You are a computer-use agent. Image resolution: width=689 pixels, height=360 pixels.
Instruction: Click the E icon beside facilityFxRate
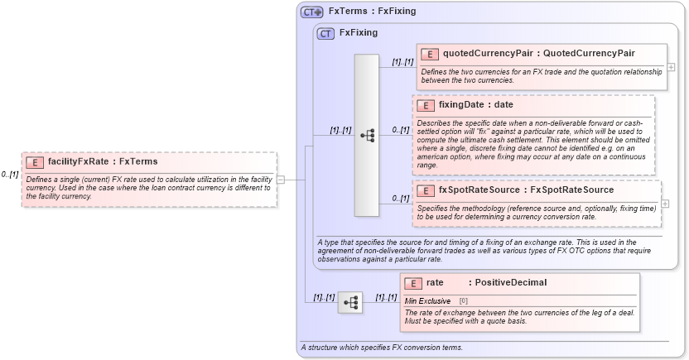36,163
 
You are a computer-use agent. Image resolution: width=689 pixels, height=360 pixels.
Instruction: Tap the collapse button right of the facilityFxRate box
281,179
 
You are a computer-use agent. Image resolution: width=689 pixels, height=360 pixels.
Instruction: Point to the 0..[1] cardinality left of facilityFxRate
10,175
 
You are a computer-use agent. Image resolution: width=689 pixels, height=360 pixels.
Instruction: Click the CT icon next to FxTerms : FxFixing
312,12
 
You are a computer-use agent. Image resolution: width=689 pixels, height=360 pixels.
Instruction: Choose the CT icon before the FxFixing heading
326,33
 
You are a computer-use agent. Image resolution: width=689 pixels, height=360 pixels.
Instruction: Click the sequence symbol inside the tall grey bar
367,136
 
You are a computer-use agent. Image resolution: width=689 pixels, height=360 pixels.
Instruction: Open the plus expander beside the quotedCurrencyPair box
671,67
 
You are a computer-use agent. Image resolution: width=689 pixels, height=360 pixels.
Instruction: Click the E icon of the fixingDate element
424,105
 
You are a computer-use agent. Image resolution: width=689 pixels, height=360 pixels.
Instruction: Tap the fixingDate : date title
475,105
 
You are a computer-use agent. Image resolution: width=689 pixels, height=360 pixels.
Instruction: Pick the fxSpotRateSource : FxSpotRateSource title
526,190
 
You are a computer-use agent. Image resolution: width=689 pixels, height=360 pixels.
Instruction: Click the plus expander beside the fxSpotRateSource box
666,204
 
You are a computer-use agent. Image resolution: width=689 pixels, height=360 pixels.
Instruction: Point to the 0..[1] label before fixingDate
401,130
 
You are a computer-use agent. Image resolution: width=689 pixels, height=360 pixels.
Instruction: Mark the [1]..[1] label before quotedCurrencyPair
402,61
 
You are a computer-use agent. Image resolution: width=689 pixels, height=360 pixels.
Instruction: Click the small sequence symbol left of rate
350,303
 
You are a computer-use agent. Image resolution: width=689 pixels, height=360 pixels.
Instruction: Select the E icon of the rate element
413,283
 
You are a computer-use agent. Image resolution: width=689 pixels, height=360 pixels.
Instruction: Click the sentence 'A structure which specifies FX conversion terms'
381,348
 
